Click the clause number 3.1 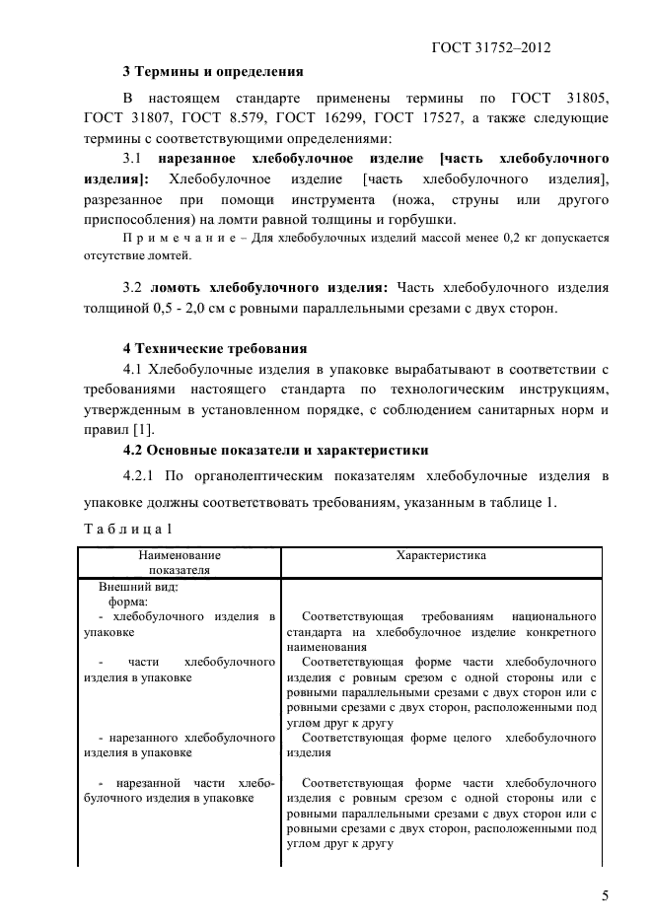[x=133, y=159]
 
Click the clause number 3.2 [x=133, y=288]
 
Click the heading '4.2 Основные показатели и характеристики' [x=275, y=450]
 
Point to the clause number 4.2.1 [x=144, y=476]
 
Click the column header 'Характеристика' [x=441, y=555]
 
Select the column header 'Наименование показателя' [x=179, y=562]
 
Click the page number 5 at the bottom [x=604, y=895]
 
